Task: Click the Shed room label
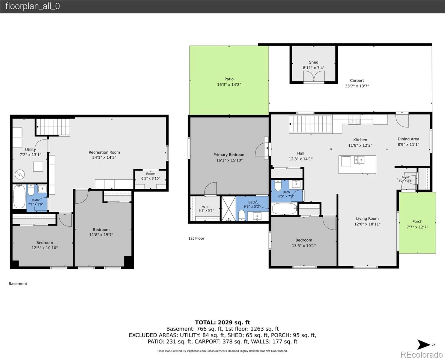(314, 62)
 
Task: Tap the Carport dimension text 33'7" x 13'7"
(357, 86)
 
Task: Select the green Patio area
(229, 80)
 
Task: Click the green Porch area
(417, 223)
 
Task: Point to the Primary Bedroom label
(229, 154)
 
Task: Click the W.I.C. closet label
(206, 207)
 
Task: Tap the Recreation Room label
(104, 152)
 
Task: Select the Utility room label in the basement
(31, 149)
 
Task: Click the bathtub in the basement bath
(19, 196)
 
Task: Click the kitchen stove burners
(354, 119)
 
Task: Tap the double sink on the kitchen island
(359, 160)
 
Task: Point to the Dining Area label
(408, 139)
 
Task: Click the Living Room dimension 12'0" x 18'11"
(367, 224)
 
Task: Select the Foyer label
(405, 177)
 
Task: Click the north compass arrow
(423, 345)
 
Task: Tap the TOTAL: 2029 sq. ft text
(222, 322)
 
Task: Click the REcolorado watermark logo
(421, 354)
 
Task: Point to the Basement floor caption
(18, 283)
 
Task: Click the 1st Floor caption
(196, 238)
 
